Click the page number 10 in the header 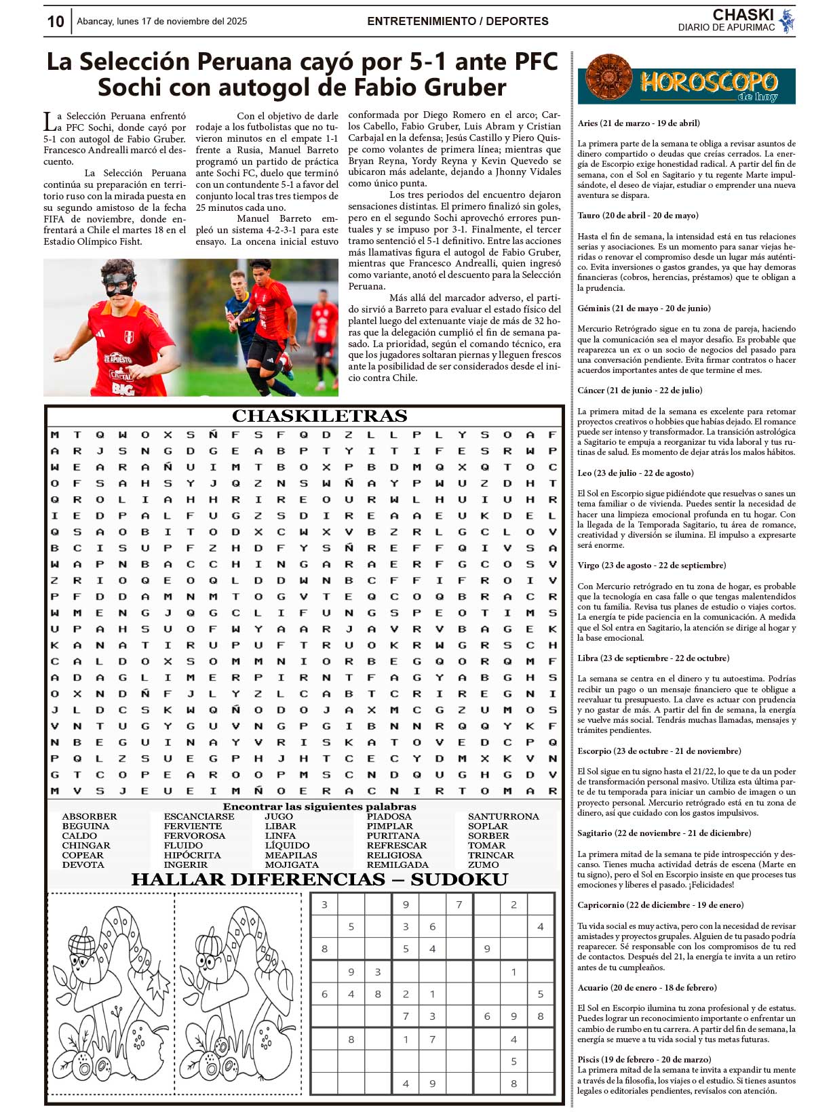point(56,22)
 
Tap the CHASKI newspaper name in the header point(743,15)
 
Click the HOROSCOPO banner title point(709,83)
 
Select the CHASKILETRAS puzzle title point(319,416)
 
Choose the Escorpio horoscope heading point(659,751)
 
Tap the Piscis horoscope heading point(644,1059)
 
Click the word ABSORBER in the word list point(90,816)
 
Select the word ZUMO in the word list point(483,865)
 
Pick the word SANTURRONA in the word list point(503,816)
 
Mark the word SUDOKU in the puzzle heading point(459,879)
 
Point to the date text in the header point(161,22)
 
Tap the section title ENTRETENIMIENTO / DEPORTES point(458,22)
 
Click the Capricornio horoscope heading point(660,905)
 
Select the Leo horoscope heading point(636,473)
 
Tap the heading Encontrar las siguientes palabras point(319,807)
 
